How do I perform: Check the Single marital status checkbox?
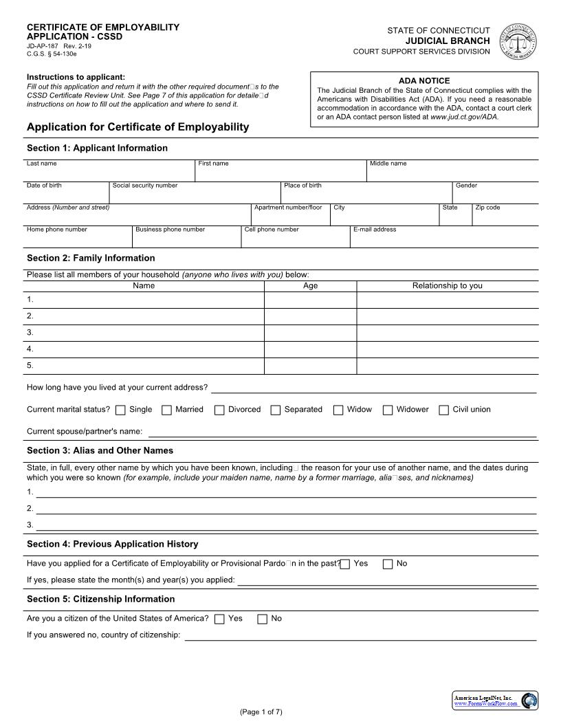point(120,410)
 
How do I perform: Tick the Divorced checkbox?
point(219,410)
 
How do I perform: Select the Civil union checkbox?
point(443,410)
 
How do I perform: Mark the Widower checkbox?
point(388,410)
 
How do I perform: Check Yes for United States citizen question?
point(219,619)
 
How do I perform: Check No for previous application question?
point(388,564)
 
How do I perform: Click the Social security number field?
point(195,194)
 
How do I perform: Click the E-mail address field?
point(444,238)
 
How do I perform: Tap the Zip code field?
point(505,216)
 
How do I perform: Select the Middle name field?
point(452,173)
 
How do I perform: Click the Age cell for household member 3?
point(310,333)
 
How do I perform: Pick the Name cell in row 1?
point(144,300)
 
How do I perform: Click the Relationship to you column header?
point(447,286)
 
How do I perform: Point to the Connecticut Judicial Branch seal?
point(517,42)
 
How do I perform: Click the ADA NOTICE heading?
point(424,80)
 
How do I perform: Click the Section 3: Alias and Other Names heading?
point(100,451)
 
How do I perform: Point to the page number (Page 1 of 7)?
point(261,712)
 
